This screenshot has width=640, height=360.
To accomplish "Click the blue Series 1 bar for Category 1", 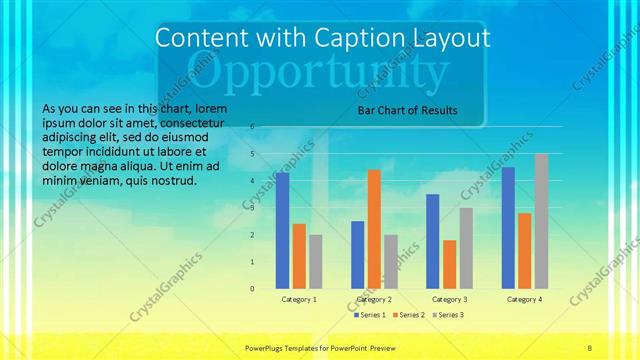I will click(x=283, y=230).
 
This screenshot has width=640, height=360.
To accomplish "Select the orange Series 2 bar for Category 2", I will click(x=374, y=229).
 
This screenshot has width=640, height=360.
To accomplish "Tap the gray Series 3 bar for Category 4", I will click(x=541, y=221).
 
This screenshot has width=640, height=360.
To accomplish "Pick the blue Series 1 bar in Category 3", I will click(x=433, y=241).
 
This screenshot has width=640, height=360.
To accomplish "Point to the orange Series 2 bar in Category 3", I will click(x=449, y=264).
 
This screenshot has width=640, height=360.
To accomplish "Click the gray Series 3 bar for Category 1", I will click(x=316, y=261).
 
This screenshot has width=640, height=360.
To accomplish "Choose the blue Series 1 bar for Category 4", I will click(x=509, y=227).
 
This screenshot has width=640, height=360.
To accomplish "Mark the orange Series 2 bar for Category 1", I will click(x=299, y=256).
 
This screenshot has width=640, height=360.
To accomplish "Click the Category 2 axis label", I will click(x=374, y=299).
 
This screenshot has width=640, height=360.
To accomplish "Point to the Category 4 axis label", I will click(x=525, y=299).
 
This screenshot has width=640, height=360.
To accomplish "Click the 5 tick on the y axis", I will click(x=252, y=154).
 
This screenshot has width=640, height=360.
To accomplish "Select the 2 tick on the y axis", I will click(x=252, y=235).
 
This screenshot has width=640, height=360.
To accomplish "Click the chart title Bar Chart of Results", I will click(x=408, y=110).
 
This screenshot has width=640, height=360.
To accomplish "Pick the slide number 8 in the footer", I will click(x=590, y=346).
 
